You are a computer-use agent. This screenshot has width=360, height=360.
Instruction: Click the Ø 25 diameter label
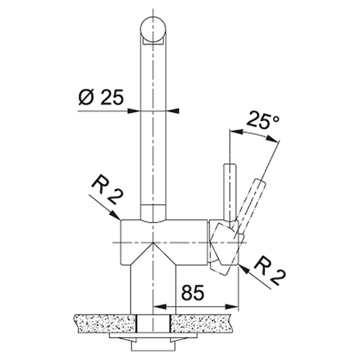[101, 97]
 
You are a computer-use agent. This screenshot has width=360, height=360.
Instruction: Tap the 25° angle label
[263, 119]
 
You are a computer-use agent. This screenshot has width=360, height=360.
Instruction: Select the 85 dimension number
[193, 293]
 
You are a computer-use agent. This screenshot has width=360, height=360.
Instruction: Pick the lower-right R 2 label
[270, 270]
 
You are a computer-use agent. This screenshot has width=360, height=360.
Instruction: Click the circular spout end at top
[153, 30]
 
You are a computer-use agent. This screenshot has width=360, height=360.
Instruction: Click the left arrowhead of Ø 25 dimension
[134, 111]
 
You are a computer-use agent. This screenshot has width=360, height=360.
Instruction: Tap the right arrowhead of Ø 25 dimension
[172, 111]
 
